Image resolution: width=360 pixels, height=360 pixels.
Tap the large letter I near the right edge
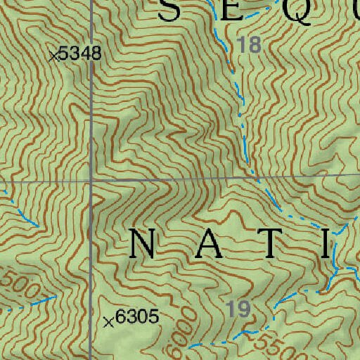tap(326, 244)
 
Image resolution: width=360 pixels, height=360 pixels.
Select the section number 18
tap(249, 46)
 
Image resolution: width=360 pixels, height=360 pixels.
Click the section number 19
tap(239, 307)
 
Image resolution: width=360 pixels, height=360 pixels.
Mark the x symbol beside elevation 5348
tap(53, 56)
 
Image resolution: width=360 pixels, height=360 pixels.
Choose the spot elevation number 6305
tap(137, 319)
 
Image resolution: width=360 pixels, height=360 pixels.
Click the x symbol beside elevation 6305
tap(108, 322)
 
